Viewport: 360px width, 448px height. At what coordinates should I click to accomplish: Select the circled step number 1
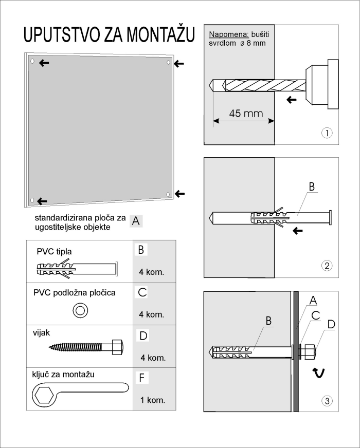326,133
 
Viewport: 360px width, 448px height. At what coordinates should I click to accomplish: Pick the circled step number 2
326,266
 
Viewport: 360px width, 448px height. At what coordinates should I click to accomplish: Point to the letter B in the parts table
140,250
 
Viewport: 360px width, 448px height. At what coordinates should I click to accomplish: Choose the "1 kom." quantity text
152,399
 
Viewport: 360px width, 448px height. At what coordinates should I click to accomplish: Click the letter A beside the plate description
136,221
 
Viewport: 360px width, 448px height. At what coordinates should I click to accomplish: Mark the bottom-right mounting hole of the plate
169,194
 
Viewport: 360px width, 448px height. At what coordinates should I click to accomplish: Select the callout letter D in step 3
331,324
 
